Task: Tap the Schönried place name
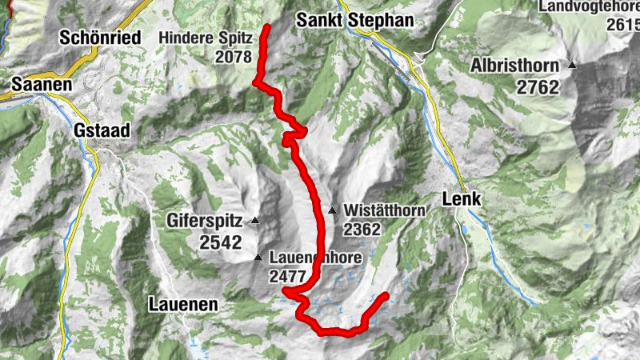(100, 37)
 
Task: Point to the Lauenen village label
(183, 304)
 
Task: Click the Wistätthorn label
(382, 210)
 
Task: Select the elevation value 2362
(362, 229)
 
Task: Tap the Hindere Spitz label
(206, 37)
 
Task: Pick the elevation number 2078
(233, 57)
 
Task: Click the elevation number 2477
(289, 278)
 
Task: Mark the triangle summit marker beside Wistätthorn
(332, 211)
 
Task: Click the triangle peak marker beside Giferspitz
(255, 220)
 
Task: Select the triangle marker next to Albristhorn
(572, 66)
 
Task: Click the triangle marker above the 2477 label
(258, 258)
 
